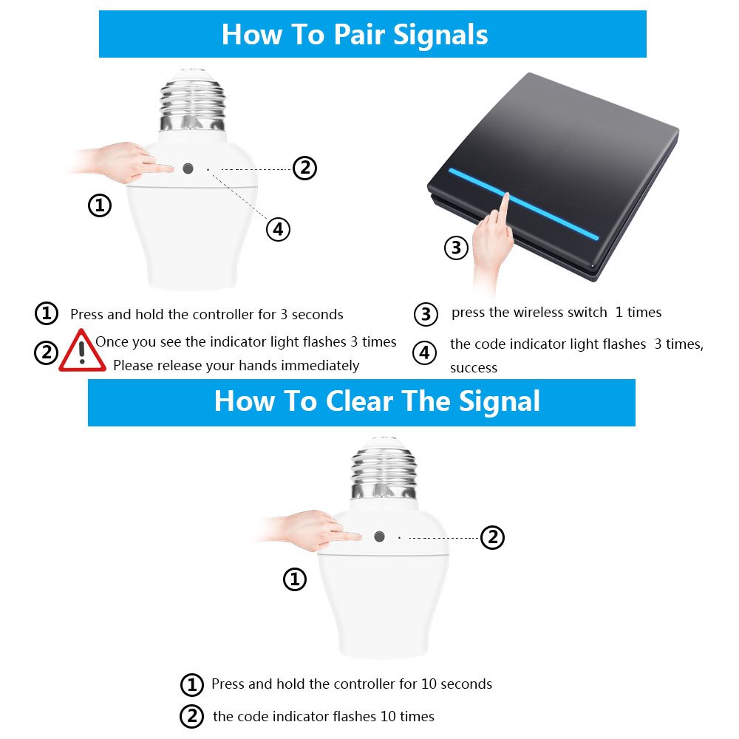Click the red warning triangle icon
tap(82, 351)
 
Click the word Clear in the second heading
tap(359, 401)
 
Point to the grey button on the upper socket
tap(188, 168)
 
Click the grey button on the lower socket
tap(379, 537)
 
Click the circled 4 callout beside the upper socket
tap(278, 230)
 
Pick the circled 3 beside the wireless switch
tap(456, 248)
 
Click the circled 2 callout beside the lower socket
tap(492, 537)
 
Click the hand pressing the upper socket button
tap(122, 163)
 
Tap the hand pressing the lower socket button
tap(311, 531)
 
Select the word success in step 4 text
tap(473, 368)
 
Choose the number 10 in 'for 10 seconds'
tap(429, 684)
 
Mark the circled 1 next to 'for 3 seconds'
tap(47, 313)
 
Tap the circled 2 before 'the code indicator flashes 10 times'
tap(192, 716)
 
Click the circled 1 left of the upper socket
tap(100, 205)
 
